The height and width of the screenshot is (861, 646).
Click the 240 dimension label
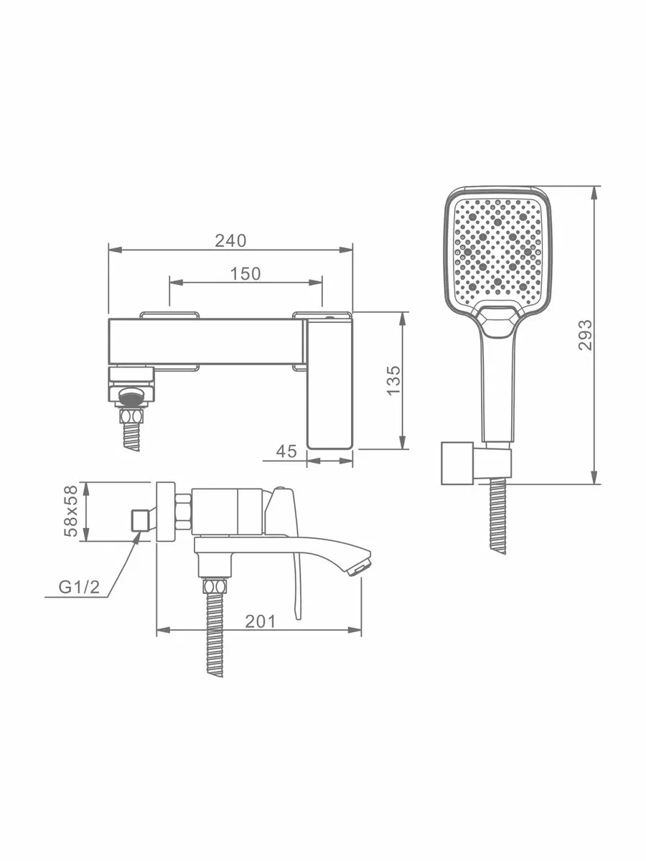(230, 241)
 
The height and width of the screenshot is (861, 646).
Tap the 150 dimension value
(245, 274)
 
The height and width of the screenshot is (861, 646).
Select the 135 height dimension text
(393, 380)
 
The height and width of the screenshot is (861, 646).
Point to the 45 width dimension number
(286, 451)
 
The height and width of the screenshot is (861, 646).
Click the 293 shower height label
(585, 334)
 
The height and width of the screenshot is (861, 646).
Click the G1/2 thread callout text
(79, 587)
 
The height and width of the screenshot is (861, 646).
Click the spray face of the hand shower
(498, 250)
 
